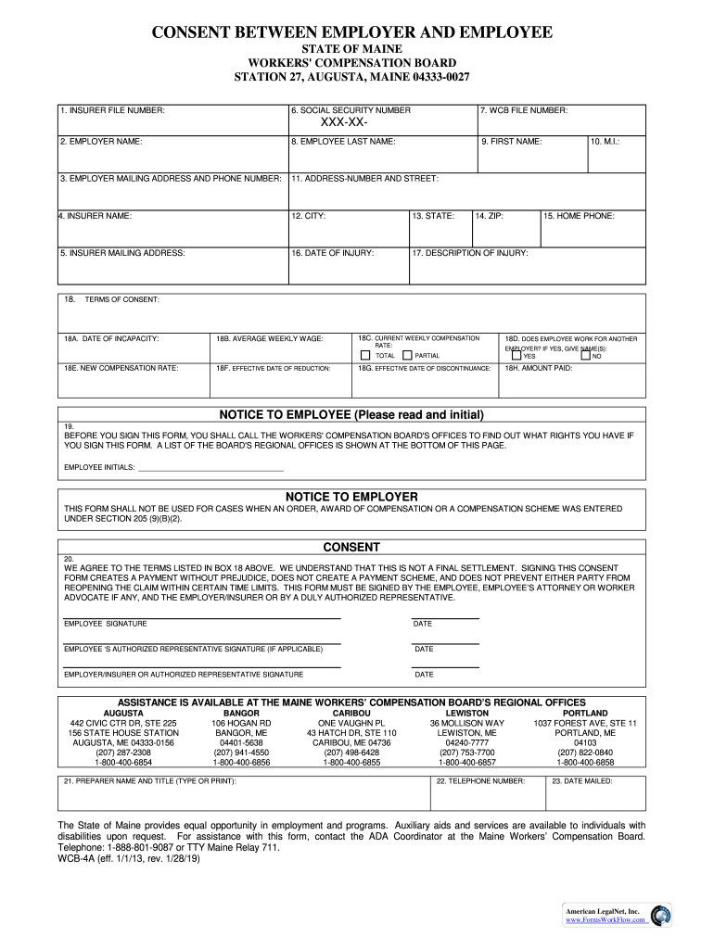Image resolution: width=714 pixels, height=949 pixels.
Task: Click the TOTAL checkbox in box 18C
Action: pos(365,355)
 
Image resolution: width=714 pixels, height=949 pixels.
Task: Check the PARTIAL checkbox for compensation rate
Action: pos(408,355)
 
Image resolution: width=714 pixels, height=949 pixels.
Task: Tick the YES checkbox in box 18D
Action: pos(516,355)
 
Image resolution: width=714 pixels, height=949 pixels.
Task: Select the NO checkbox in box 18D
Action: pos(585,355)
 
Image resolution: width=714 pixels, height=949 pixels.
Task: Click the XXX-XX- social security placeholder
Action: pos(343,123)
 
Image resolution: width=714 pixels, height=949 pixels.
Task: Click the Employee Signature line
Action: pos(201,616)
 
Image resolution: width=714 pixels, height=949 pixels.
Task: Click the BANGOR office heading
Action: pos(241,713)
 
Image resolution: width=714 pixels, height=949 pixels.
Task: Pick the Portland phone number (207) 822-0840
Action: pos(585,753)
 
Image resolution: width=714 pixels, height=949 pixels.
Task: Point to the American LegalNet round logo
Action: pos(661,916)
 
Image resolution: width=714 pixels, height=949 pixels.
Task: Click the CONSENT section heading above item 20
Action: pos(351,547)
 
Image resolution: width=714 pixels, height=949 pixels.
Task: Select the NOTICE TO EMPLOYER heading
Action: pos(351,497)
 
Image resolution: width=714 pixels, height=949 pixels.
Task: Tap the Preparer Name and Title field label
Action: pos(149,781)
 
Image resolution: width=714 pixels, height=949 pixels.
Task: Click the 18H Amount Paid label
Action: pos(538,368)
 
